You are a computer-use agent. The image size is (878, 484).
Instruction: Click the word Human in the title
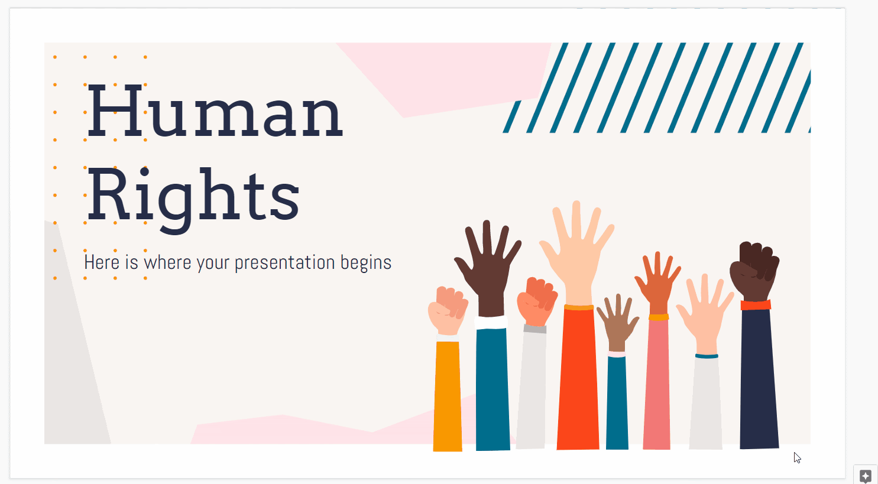point(215,111)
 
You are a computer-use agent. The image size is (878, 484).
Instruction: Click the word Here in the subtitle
point(102,262)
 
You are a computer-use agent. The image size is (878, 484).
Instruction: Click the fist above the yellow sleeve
point(448,310)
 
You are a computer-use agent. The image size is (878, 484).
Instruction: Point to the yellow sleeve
point(447,396)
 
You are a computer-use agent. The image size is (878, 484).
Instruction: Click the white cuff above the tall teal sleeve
point(491,322)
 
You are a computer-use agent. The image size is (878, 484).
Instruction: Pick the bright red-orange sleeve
point(578,378)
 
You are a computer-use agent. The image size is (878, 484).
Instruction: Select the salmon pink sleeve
point(657,384)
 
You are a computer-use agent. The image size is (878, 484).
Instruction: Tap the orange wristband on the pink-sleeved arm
point(659,317)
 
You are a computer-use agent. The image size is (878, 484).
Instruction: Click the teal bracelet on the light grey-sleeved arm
point(707,356)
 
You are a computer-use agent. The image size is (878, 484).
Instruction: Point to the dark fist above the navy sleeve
point(754,271)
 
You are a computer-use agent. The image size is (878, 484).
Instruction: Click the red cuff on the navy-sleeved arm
point(756,305)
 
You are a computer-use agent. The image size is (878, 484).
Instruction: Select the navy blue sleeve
point(759,378)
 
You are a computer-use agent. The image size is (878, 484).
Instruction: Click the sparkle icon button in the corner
point(866,476)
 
